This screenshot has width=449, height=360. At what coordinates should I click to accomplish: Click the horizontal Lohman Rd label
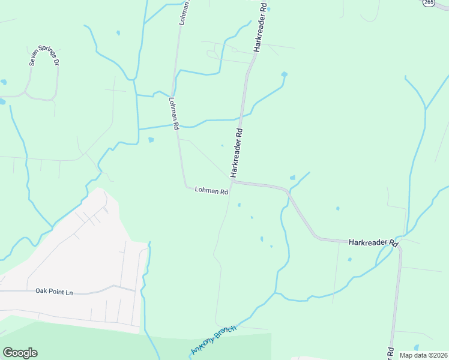211,191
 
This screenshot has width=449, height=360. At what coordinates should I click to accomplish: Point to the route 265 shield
428,3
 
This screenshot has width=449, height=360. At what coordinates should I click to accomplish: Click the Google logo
20,353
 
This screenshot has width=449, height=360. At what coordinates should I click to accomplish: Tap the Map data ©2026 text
424,355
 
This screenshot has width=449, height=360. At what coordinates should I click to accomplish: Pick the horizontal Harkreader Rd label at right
374,243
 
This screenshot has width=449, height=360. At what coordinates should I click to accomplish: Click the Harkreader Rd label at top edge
259,27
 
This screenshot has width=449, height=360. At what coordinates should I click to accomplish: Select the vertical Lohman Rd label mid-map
174,114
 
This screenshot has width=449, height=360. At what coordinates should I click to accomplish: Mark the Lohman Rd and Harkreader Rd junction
231,179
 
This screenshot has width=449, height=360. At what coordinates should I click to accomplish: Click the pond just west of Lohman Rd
151,140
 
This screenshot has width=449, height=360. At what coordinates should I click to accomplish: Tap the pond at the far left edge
2,102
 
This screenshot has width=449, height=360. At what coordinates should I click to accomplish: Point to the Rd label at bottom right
390,353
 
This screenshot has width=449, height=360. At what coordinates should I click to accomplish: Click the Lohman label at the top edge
185,11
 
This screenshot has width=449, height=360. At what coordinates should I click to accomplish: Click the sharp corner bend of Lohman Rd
185,185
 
